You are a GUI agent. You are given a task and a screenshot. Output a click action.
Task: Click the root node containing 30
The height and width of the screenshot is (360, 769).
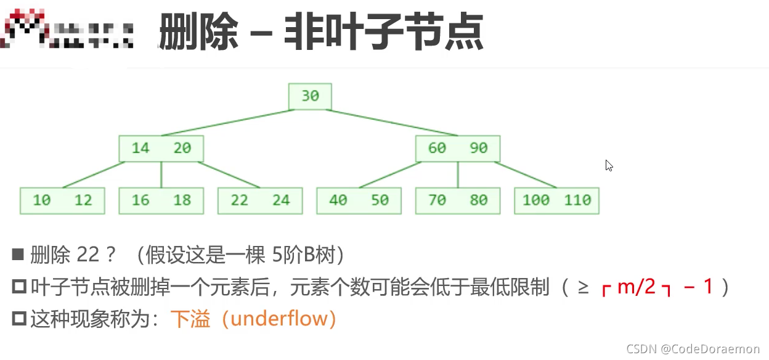(x=310, y=96)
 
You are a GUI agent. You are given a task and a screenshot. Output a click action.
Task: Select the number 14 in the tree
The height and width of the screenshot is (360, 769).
(x=140, y=148)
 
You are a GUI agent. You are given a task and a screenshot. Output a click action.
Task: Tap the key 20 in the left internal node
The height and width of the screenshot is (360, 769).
(x=182, y=148)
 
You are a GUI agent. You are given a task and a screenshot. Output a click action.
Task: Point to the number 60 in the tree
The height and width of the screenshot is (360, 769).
(x=437, y=148)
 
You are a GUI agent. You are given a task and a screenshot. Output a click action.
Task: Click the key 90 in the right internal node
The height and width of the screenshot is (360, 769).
(x=478, y=148)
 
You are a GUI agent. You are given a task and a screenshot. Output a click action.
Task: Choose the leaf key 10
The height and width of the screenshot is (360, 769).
(x=42, y=200)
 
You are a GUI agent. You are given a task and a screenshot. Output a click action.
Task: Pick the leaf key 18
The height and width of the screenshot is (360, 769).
(x=182, y=200)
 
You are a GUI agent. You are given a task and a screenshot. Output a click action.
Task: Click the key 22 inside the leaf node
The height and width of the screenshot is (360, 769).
(x=239, y=200)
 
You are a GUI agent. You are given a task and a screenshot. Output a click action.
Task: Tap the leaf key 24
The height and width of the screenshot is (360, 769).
(x=281, y=200)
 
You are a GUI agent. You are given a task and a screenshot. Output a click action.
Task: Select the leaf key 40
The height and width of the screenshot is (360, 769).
(x=338, y=200)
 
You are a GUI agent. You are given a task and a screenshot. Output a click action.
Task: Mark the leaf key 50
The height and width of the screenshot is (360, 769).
(x=380, y=200)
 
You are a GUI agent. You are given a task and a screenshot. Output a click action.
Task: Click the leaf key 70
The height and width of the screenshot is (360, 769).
(x=437, y=200)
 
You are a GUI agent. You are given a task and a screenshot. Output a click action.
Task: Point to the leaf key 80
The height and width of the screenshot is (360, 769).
(x=478, y=200)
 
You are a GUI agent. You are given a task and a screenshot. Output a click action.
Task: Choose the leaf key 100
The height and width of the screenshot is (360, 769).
(x=535, y=200)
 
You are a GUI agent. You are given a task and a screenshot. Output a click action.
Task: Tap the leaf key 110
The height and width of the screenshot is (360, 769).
(x=577, y=200)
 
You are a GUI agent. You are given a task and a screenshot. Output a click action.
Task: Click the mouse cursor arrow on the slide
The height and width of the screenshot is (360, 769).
(x=609, y=165)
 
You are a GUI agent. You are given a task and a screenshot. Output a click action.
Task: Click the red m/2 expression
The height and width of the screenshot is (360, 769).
(x=636, y=287)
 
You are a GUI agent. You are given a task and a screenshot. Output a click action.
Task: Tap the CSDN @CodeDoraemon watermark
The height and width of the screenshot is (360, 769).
(x=693, y=349)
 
